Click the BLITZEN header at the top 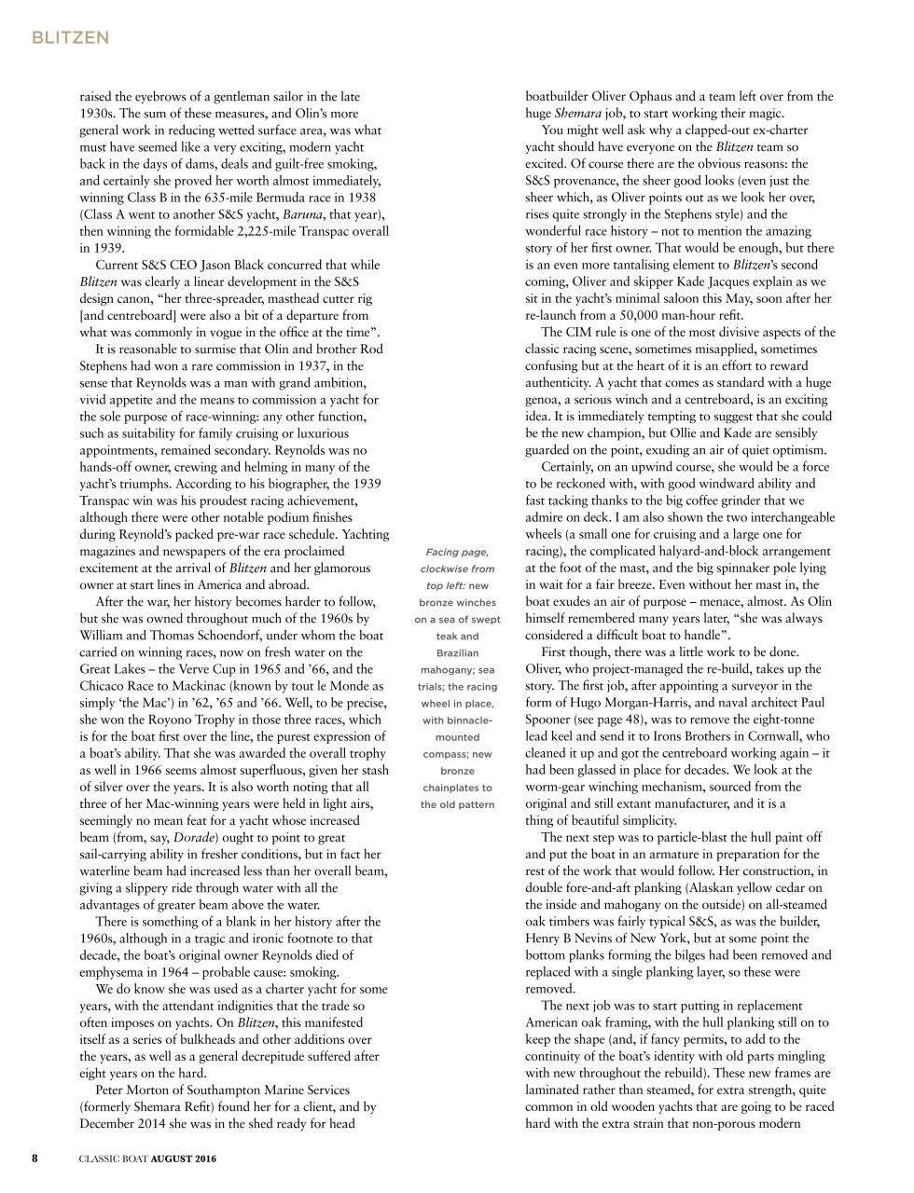point(70,38)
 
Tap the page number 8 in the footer point(35,1159)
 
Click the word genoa point(543,399)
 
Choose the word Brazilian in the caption point(457,653)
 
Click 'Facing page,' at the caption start point(457,552)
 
